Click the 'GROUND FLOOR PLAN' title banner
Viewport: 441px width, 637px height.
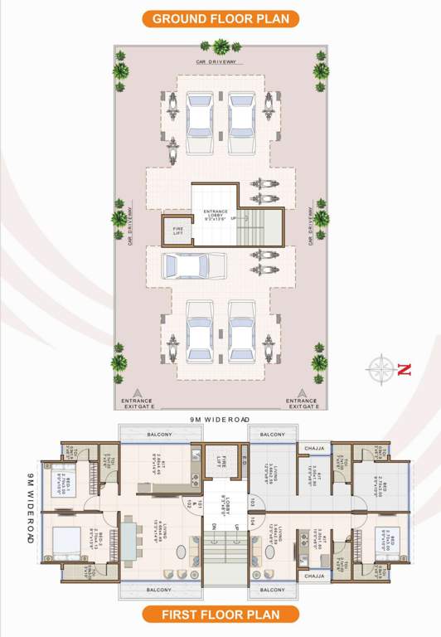[220, 18]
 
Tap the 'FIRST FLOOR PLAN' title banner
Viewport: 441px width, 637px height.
[220, 615]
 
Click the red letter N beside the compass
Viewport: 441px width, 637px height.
[404, 371]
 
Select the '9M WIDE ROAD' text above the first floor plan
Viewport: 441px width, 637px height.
[220, 421]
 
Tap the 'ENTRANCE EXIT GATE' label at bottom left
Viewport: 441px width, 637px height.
[138, 403]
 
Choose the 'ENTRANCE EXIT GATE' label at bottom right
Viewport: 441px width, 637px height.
[302, 403]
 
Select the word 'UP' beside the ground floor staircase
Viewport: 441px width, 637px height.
[233, 219]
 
